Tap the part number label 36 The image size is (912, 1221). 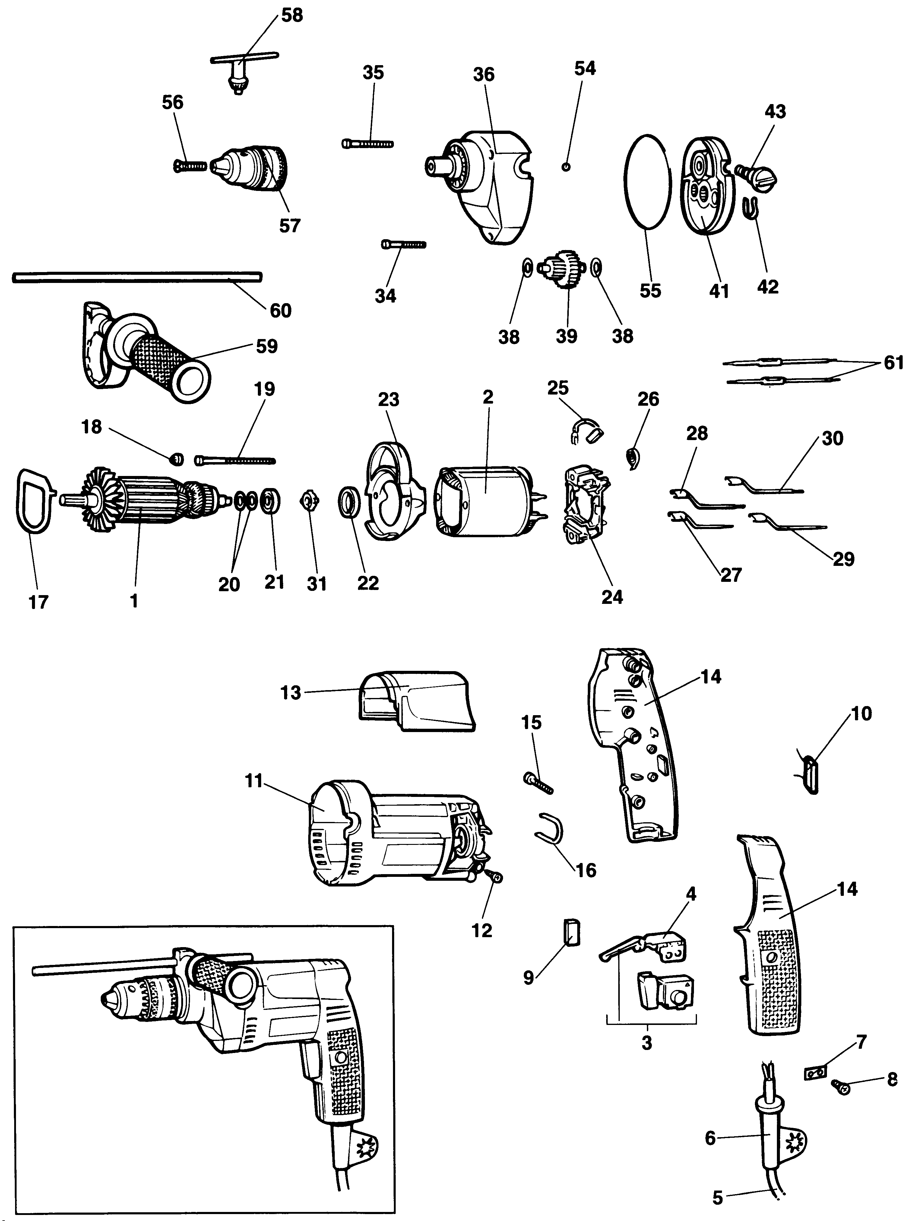click(484, 75)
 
